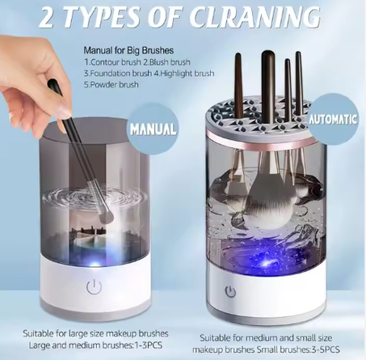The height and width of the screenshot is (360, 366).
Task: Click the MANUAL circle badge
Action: point(153,128)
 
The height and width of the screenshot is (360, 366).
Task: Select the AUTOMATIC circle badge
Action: point(333,120)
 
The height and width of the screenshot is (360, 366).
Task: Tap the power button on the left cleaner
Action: point(94,287)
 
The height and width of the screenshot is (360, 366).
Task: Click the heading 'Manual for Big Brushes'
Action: point(128,50)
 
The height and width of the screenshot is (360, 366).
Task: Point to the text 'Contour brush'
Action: point(116,62)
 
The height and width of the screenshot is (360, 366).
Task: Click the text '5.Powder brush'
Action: point(111,84)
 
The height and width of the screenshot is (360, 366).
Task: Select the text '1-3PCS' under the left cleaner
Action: point(148,345)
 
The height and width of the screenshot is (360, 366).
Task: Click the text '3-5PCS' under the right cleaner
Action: point(324,349)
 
